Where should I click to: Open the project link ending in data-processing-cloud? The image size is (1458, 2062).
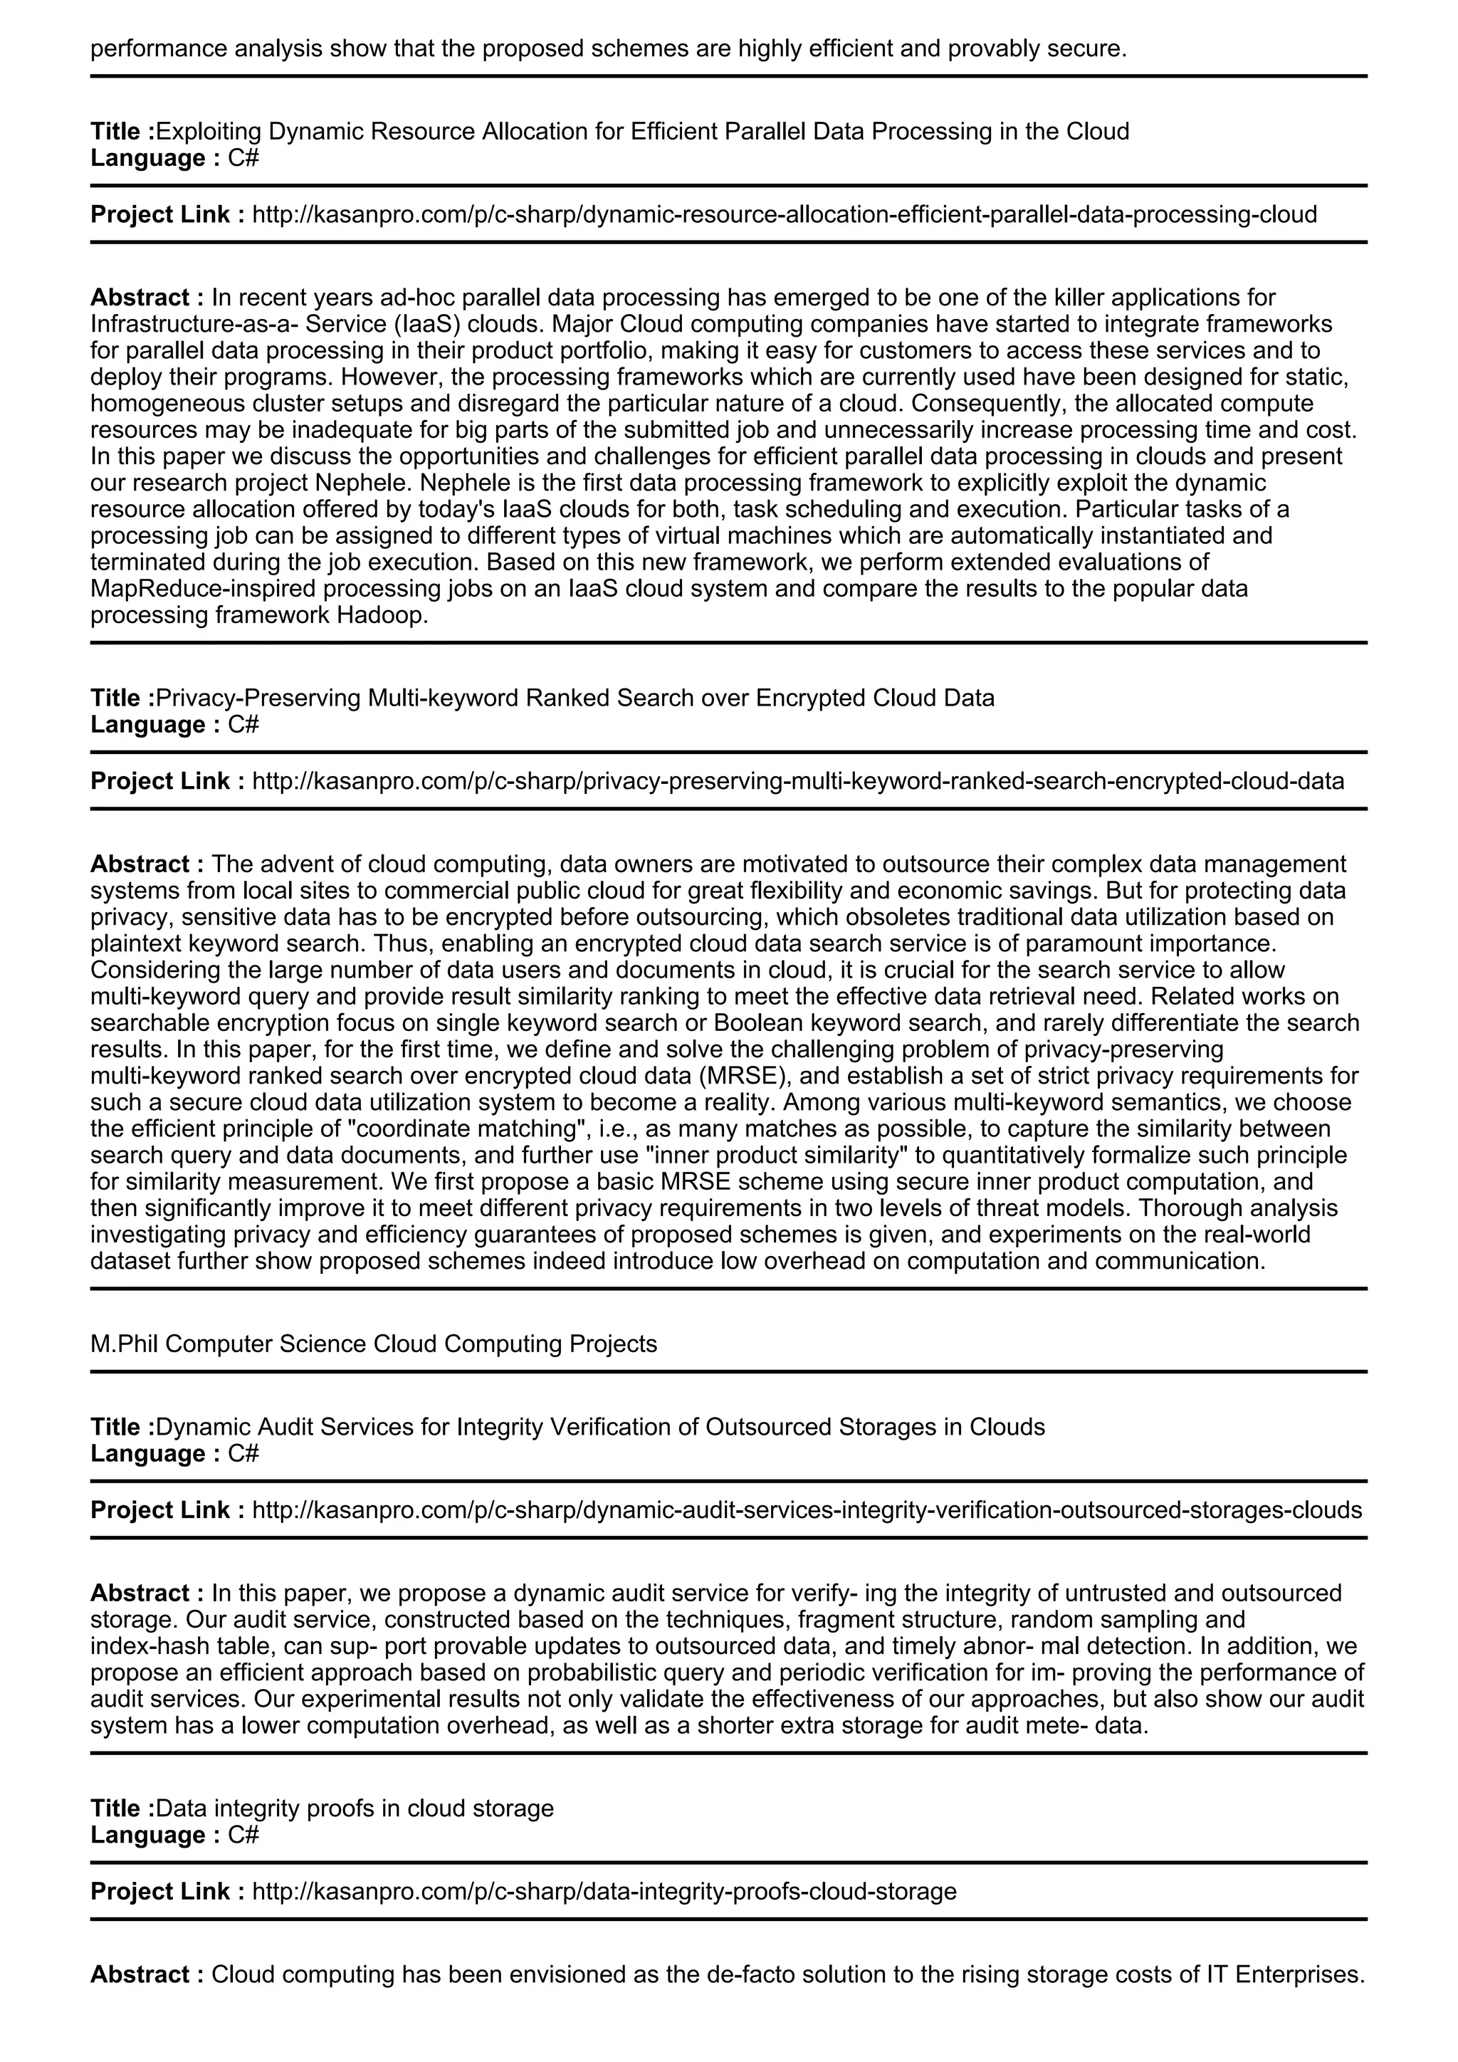(784, 214)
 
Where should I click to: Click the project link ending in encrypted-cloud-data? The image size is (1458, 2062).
(797, 780)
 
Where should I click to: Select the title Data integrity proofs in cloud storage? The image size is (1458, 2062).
(355, 1808)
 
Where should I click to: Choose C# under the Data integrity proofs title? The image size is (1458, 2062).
(242, 1835)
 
